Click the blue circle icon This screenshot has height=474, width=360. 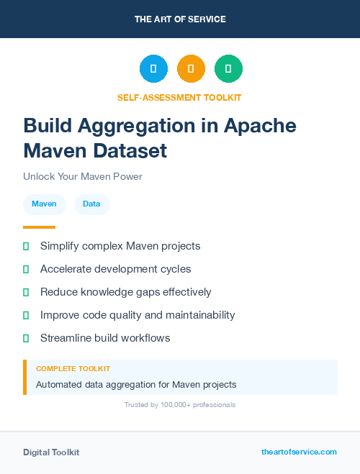[153, 69]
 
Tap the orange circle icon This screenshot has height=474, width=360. [191, 69]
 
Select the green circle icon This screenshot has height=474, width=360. [228, 69]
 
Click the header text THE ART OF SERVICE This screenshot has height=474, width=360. [180, 19]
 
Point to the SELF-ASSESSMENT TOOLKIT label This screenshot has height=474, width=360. [179, 97]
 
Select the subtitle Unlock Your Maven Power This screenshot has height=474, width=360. [83, 176]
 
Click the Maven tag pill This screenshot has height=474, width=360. [45, 204]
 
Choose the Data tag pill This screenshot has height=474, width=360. [91, 204]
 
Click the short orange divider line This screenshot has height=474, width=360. [39, 227]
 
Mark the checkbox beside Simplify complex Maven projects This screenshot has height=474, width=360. [26, 246]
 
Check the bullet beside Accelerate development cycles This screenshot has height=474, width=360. [26, 269]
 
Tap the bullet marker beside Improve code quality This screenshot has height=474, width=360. [26, 315]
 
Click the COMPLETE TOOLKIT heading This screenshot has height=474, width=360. [73, 369]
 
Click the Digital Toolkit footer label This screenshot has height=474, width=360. [51, 452]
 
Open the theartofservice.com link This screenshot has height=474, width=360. [299, 452]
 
